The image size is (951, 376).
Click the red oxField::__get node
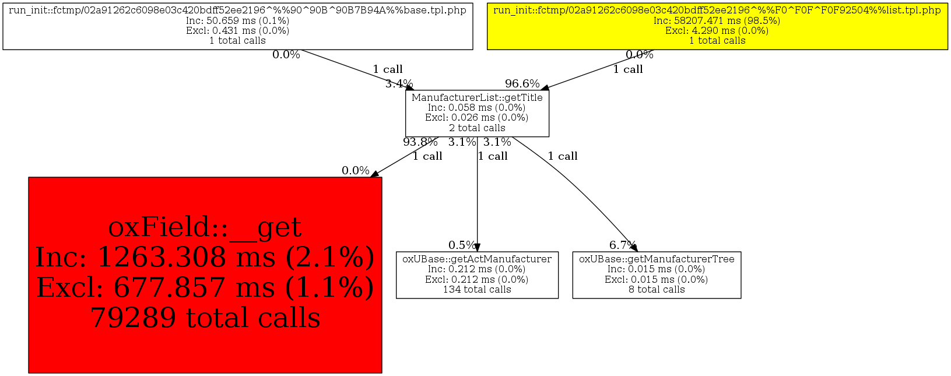[x=205, y=275]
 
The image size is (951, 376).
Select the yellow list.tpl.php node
[x=717, y=26]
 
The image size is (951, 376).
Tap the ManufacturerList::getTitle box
[x=477, y=113]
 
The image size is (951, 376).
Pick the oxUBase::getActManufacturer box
[x=477, y=275]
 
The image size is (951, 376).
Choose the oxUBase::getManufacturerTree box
[x=657, y=275]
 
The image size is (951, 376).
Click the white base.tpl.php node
[x=237, y=26]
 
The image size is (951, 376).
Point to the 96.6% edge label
[x=522, y=84]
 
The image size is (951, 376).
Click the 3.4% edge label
[x=399, y=84]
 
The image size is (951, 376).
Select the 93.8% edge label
[x=420, y=142]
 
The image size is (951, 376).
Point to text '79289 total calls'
[x=205, y=318]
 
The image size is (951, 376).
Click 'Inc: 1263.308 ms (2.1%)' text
[x=205, y=257]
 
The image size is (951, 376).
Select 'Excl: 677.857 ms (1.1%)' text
[x=205, y=287]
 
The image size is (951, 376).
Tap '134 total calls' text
[x=477, y=290]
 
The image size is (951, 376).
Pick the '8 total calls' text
[x=657, y=290]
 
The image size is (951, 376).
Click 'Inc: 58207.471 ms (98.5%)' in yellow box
[x=717, y=21]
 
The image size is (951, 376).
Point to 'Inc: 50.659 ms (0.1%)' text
[x=237, y=21]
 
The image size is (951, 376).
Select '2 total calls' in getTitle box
[x=477, y=128]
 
